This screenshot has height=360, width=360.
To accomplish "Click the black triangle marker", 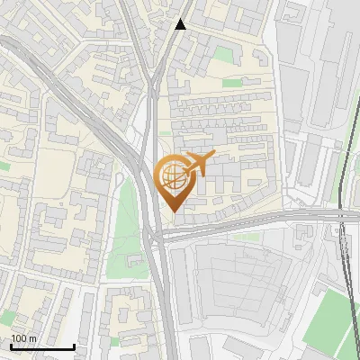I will [181, 24].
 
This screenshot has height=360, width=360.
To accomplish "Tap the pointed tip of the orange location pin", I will [171, 211].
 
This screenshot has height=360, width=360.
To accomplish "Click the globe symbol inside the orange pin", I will [171, 176].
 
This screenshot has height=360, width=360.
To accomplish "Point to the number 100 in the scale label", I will [18, 338].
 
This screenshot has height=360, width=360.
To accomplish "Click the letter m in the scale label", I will [32, 338].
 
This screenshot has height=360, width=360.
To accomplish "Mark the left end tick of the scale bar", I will [11, 345].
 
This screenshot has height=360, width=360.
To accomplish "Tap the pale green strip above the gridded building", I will [243, 238].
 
